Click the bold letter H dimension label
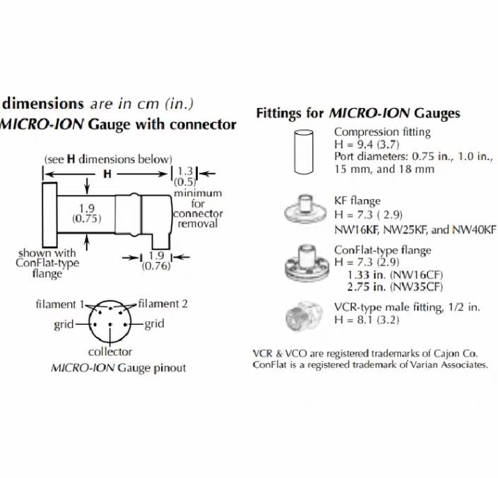click(x=107, y=174)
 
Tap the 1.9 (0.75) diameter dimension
click(x=87, y=214)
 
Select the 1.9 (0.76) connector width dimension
click(x=156, y=261)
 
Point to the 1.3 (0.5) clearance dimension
click(x=185, y=176)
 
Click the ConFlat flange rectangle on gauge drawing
click(x=50, y=215)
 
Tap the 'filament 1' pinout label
click(x=59, y=304)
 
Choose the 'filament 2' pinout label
click(x=163, y=304)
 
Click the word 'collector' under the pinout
click(x=110, y=352)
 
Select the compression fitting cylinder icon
click(x=304, y=152)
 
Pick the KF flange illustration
click(x=305, y=209)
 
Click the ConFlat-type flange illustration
click(x=305, y=264)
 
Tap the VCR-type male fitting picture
click(x=304, y=316)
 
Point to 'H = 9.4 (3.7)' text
click(x=367, y=145)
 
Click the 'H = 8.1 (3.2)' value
click(x=367, y=320)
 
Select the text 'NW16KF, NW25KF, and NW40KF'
click(x=415, y=229)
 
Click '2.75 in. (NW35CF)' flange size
click(x=395, y=287)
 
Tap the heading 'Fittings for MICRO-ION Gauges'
click(x=358, y=113)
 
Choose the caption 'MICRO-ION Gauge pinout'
click(x=118, y=368)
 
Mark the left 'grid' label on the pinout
click(x=64, y=325)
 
